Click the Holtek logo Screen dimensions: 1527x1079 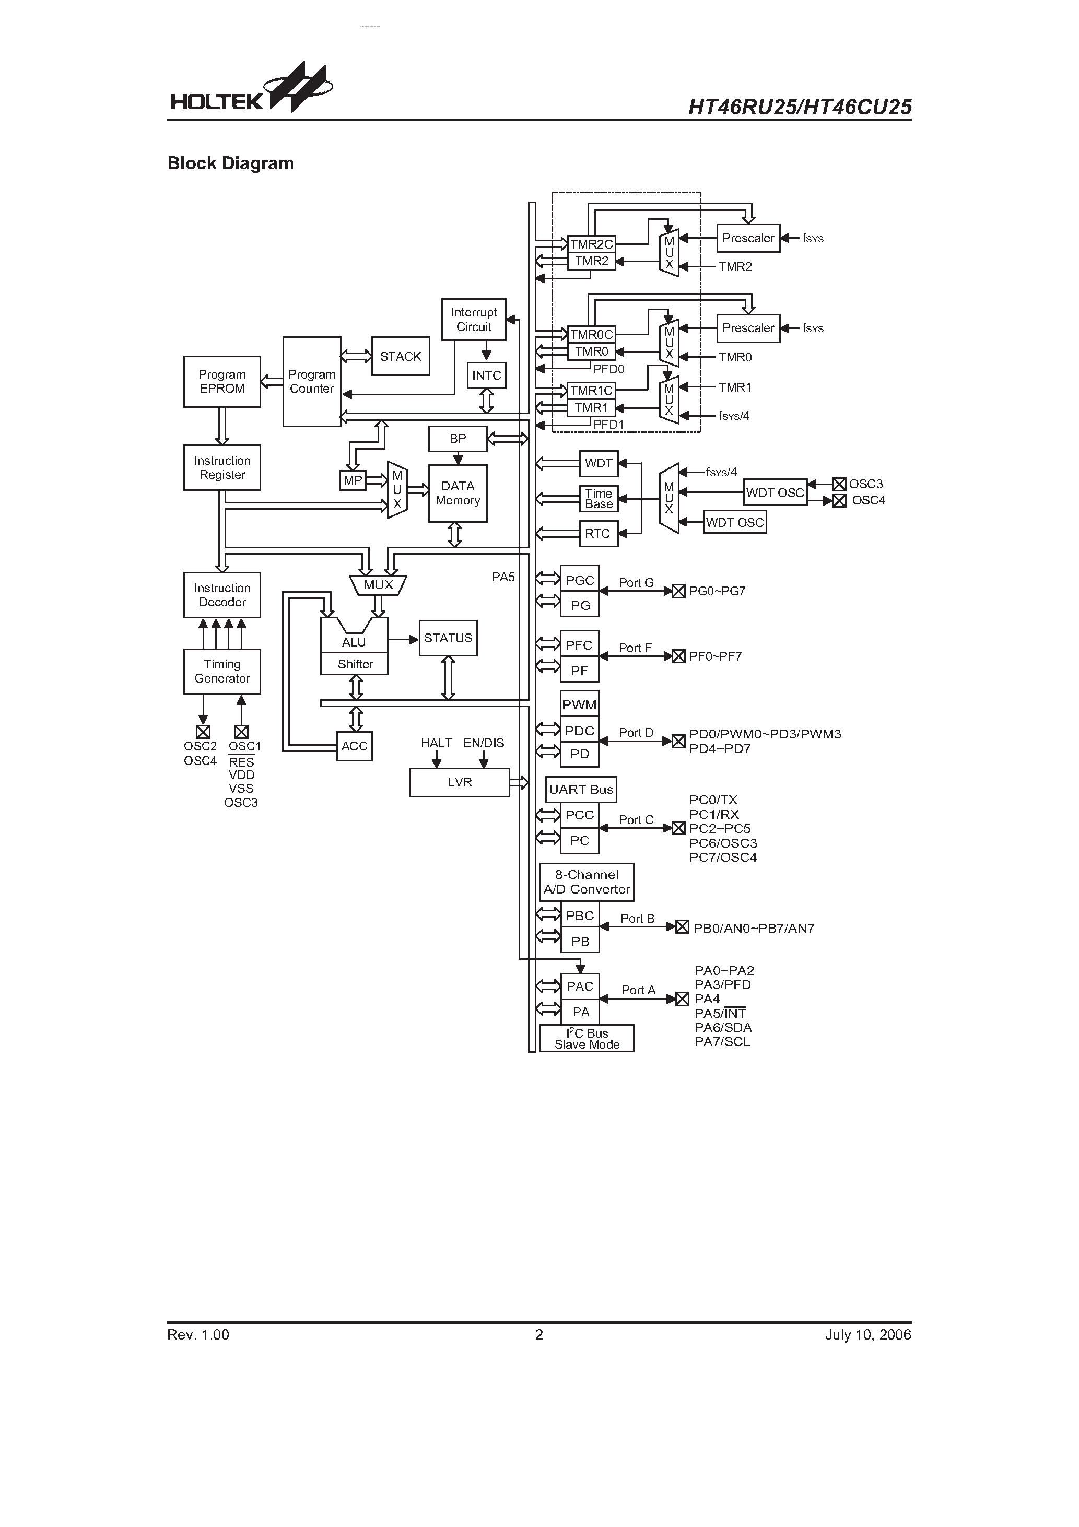pyautogui.click(x=251, y=90)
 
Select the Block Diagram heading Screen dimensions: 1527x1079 pyautogui.click(x=230, y=163)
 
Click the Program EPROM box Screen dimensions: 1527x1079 pyautogui.click(x=221, y=382)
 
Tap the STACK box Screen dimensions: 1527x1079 pyautogui.click(x=401, y=357)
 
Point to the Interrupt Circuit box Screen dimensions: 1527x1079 pyautogui.click(x=473, y=319)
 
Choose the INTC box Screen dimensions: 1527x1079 pyautogui.click(x=486, y=375)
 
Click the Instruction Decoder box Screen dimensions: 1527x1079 pyautogui.click(x=221, y=595)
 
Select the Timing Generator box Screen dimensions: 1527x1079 pyautogui.click(x=221, y=671)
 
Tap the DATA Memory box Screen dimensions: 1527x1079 pyautogui.click(x=458, y=494)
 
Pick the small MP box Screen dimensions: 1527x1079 pyautogui.click(x=353, y=480)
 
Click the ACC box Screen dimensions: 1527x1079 pyautogui.click(x=354, y=746)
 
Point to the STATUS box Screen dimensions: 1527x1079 pyautogui.click(x=448, y=638)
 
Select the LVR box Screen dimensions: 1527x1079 pyautogui.click(x=459, y=782)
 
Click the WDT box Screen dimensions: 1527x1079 pyautogui.click(x=598, y=463)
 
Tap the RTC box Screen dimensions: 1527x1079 pyautogui.click(x=597, y=533)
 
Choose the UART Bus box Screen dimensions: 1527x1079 pyautogui.click(x=581, y=790)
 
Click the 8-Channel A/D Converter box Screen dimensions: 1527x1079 pyautogui.click(x=586, y=882)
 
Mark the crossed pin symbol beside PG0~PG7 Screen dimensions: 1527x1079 pyautogui.click(x=678, y=591)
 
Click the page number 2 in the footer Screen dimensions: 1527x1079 pyautogui.click(x=539, y=1334)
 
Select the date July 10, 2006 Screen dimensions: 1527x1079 pyautogui.click(x=867, y=1334)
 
